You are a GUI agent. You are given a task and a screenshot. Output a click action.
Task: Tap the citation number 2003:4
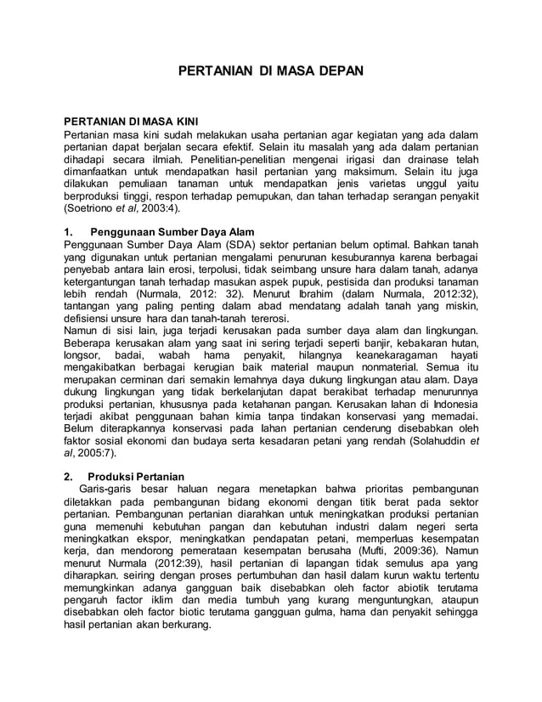(158, 208)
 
